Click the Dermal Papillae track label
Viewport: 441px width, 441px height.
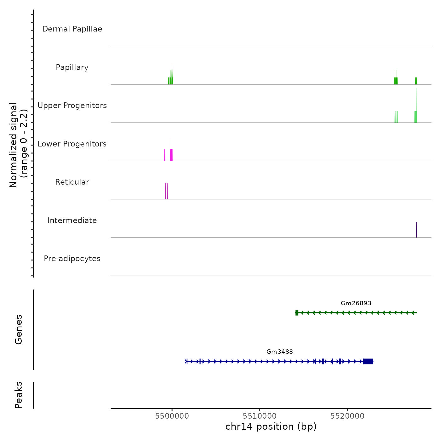(72, 29)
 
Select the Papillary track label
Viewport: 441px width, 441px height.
(72, 67)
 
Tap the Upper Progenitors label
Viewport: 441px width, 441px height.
(72, 106)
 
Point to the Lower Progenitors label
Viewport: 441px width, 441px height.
(72, 144)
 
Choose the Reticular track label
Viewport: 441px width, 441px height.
(72, 182)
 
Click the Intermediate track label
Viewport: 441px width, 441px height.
(72, 220)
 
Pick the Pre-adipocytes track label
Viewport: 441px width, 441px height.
(72, 259)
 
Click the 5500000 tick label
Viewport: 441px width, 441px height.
(172, 416)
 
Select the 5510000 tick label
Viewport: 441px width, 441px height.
(260, 416)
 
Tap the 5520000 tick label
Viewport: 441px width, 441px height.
(347, 416)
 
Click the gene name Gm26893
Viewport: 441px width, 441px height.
(356, 303)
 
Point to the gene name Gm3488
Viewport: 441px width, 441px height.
(280, 352)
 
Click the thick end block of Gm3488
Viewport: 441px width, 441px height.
(368, 361)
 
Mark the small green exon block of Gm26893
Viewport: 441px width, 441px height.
(297, 312)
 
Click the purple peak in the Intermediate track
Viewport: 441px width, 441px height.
(416, 230)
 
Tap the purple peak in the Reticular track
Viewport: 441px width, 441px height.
(166, 192)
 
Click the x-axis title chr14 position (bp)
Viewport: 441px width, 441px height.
(271, 427)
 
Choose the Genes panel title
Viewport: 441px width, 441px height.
(19, 329)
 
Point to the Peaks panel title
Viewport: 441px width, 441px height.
(19, 395)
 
